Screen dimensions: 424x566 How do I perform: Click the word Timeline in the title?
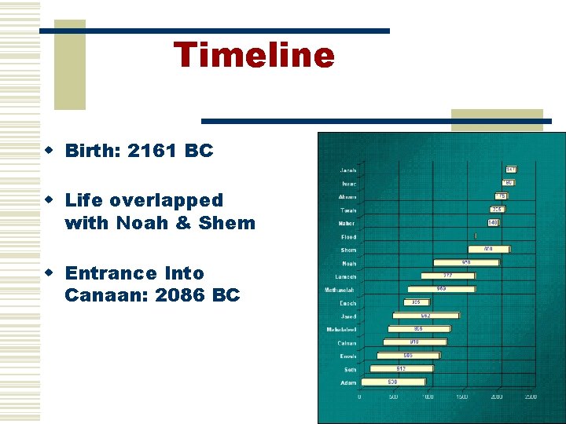(x=254, y=55)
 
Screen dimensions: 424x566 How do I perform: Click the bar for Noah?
(x=465, y=262)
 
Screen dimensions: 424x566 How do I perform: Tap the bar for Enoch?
(x=417, y=302)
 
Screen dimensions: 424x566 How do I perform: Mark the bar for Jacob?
(x=511, y=170)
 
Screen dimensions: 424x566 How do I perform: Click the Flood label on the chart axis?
(x=348, y=236)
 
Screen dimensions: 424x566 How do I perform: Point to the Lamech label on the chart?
(x=346, y=276)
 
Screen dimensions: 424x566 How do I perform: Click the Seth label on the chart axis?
(x=350, y=369)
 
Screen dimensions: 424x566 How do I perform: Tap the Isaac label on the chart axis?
(x=348, y=183)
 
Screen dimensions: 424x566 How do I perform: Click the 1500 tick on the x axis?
(x=463, y=397)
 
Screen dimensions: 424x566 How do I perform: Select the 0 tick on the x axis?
(x=360, y=397)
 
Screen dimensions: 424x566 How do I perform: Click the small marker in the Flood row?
(x=476, y=236)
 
